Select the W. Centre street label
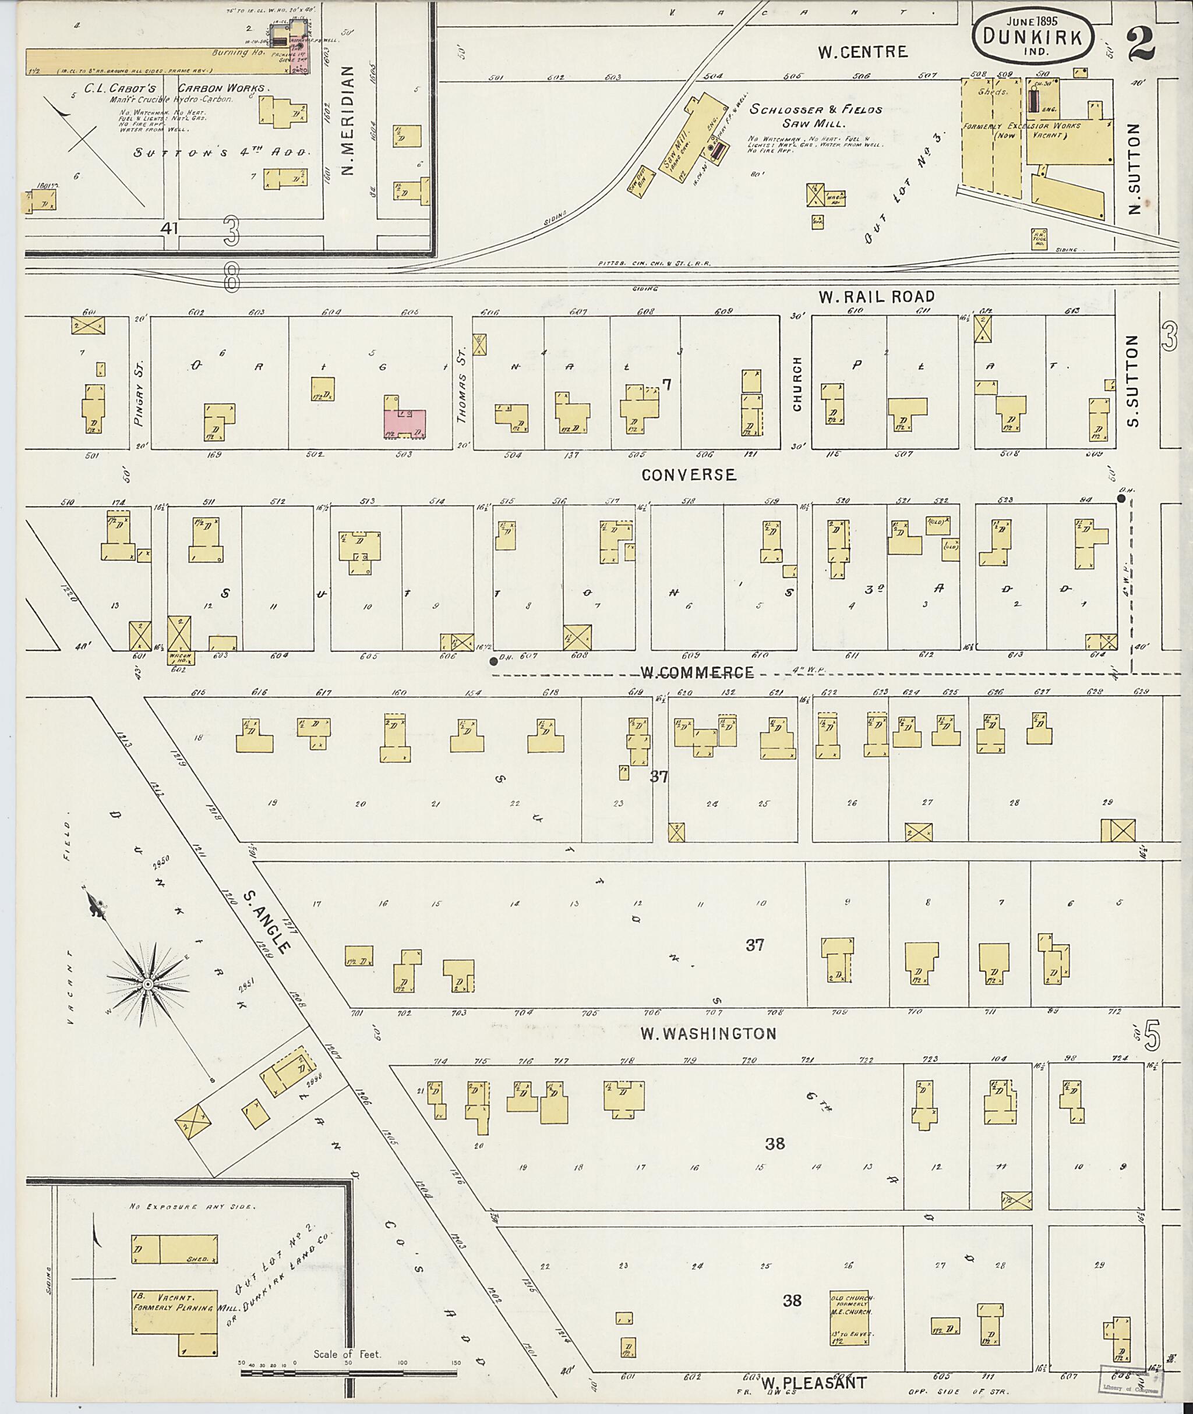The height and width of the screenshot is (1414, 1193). point(862,52)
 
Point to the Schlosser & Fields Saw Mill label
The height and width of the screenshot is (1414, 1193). point(815,116)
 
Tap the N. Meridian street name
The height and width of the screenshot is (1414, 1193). point(348,121)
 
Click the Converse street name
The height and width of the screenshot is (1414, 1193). point(689,474)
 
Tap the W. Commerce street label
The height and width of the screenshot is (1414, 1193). point(697,672)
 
